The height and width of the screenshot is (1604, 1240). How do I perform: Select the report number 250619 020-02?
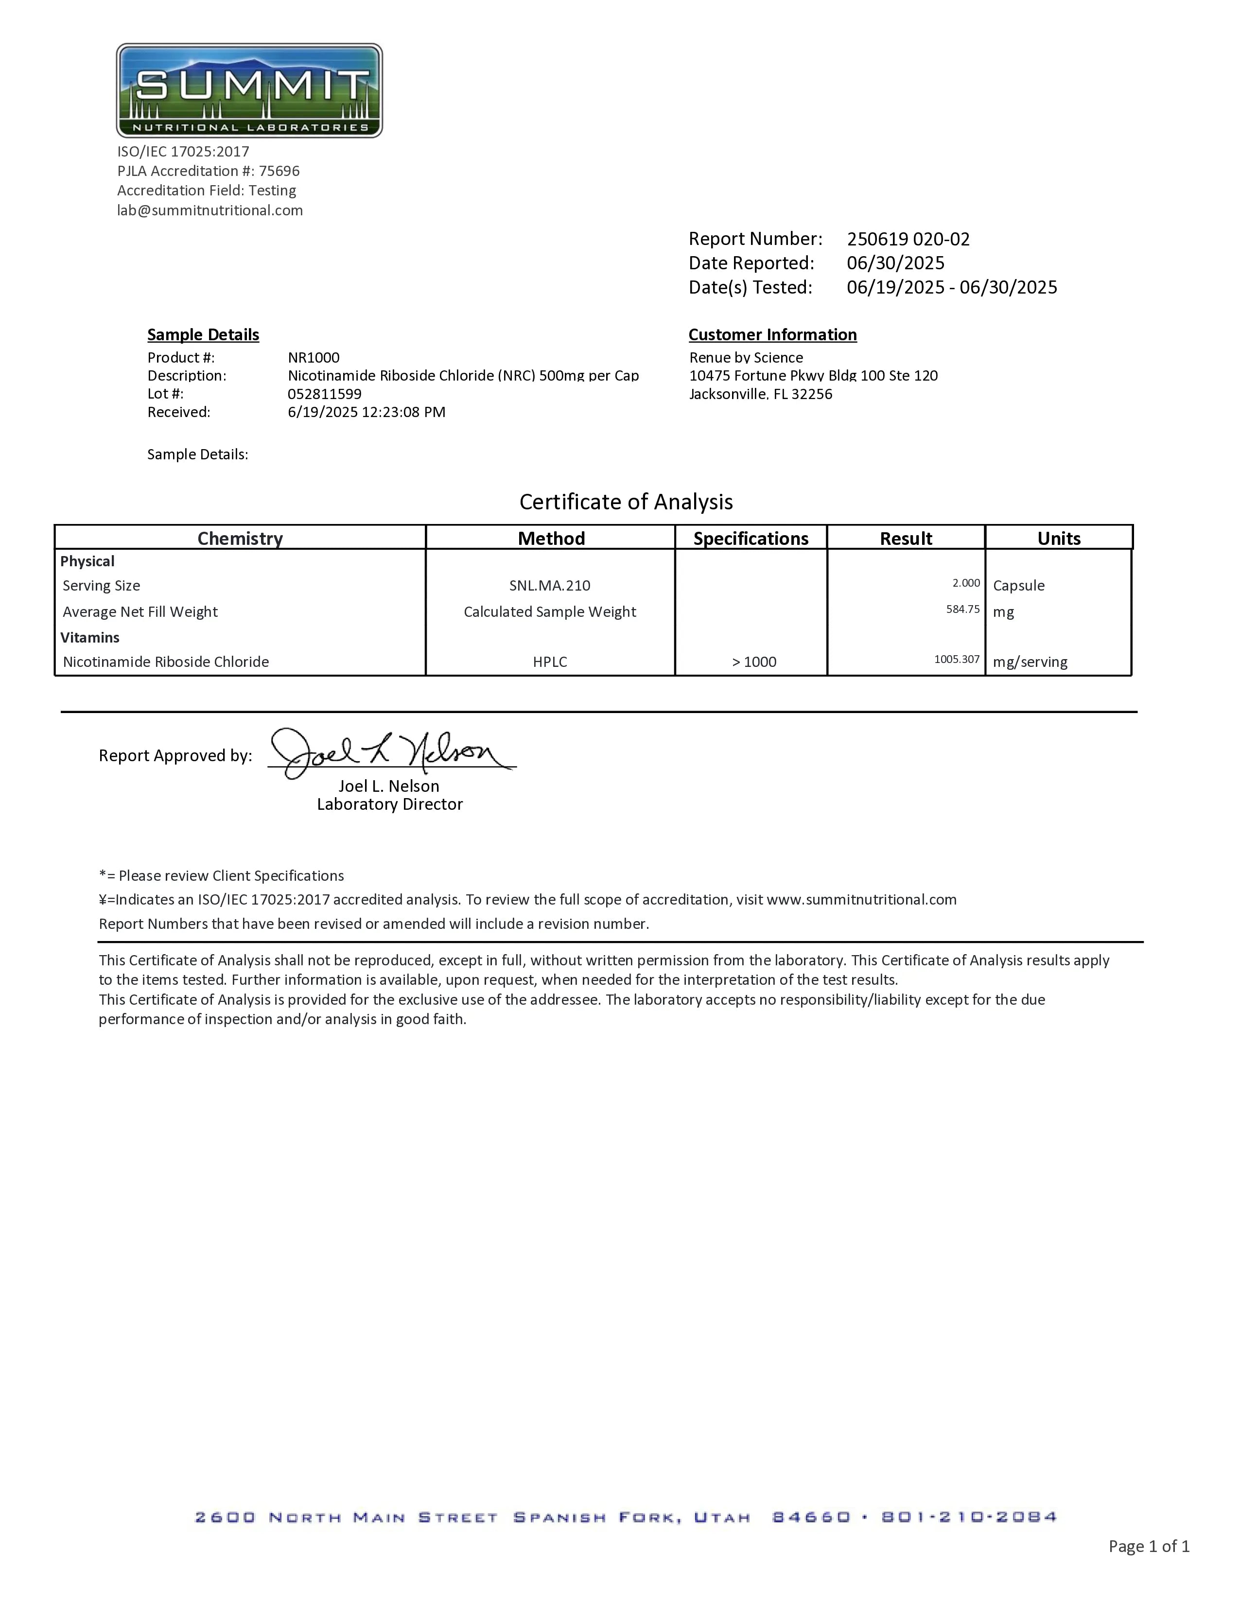coord(908,240)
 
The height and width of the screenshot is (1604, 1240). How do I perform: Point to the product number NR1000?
coord(314,358)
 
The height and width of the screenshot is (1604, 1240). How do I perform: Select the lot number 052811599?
coord(325,394)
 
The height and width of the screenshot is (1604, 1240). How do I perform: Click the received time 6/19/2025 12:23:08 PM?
coord(367,412)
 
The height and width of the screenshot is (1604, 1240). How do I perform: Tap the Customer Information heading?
coord(772,335)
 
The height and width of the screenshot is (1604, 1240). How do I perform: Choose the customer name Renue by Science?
coord(746,358)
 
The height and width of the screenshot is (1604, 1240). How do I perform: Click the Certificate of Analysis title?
coord(626,502)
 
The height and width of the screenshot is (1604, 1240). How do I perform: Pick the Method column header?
coord(551,539)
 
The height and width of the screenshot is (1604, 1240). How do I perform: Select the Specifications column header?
coord(751,539)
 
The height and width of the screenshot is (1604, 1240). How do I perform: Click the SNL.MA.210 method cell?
coord(549,585)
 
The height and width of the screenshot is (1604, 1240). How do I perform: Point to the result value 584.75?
coord(962,609)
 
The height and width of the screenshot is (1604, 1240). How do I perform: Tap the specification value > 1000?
coord(754,662)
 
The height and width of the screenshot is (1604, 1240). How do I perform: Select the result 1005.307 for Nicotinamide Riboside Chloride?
coord(957,659)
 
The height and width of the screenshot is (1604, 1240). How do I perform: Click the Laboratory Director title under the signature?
coord(389,804)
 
